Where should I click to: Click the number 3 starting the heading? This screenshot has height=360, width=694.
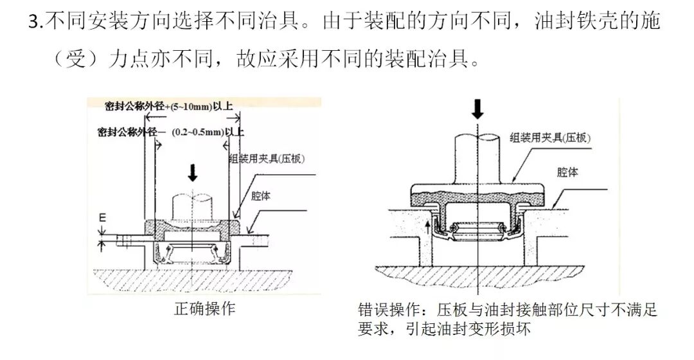click(34, 21)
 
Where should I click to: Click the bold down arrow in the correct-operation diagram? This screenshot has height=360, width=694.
click(191, 172)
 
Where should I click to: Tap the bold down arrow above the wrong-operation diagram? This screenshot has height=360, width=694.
click(477, 109)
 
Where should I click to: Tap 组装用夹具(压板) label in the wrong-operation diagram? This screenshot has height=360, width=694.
click(550, 137)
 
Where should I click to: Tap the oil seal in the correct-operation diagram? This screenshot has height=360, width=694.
click(190, 253)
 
